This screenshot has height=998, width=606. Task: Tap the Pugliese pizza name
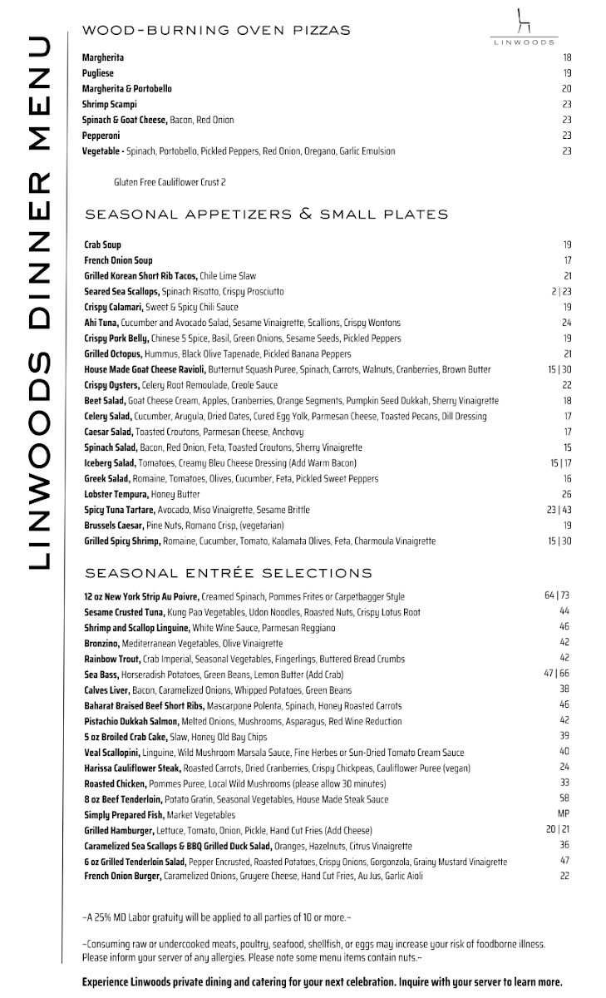pos(98,73)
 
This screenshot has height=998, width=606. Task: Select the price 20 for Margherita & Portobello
pos(566,89)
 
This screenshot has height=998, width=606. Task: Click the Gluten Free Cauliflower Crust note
pos(170,182)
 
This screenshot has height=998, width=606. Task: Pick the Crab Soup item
pos(102,245)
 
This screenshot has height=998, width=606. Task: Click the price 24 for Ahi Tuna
pos(566,323)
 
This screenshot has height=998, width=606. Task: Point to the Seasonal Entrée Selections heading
pos(229,573)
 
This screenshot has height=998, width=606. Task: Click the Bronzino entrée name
pos(101,644)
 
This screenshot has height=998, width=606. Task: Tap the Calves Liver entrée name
pos(106,690)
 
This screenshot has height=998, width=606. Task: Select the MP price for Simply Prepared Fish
pos(563,813)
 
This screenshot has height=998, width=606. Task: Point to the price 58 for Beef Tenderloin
pos(564,798)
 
